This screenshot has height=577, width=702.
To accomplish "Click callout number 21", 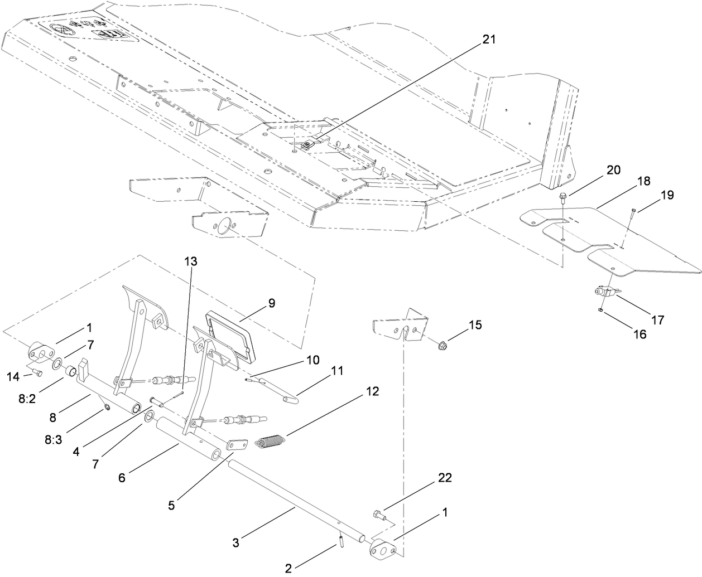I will [x=489, y=39].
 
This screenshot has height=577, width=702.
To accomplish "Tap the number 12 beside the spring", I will [x=372, y=392].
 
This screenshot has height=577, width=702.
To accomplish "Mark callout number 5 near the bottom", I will [x=171, y=506].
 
